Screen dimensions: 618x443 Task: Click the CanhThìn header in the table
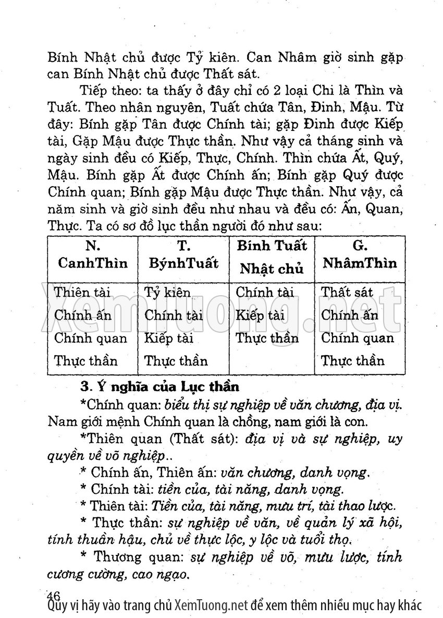tap(93, 262)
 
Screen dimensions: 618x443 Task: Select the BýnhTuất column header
tap(183, 262)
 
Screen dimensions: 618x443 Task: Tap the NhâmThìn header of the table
tap(359, 262)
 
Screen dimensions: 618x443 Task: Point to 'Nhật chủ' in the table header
tap(272, 269)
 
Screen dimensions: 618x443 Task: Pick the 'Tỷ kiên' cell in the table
tap(167, 292)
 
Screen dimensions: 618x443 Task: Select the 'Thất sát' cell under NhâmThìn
tap(347, 292)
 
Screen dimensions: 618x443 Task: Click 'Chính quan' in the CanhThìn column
tap(91, 338)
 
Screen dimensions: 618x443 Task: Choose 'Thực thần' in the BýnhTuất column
tap(176, 361)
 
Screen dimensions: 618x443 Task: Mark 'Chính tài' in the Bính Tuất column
tap(265, 292)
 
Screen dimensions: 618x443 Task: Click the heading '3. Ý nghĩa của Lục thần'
tap(160, 387)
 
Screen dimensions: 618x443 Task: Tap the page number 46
tap(54, 595)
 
